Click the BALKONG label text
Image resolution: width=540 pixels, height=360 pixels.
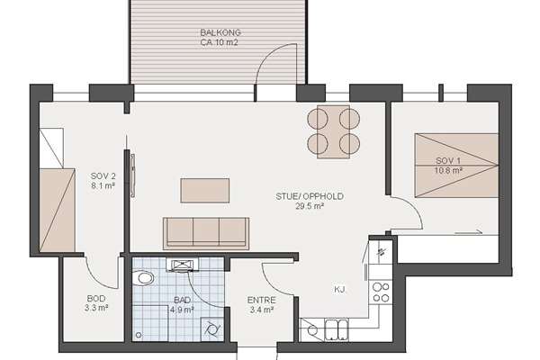(220, 32)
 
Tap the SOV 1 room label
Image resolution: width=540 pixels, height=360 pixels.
(447, 160)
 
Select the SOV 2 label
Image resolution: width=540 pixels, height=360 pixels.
(103, 176)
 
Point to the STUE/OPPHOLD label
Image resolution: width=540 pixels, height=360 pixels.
(310, 196)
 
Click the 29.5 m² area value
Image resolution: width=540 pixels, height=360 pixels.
(310, 206)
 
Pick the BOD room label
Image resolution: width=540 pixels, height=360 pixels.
(96, 298)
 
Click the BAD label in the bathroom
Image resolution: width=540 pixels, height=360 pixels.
(182, 300)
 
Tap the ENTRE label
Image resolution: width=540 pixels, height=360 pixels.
(261, 300)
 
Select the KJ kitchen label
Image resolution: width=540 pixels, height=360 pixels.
(339, 290)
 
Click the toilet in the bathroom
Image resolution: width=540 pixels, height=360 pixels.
(143, 278)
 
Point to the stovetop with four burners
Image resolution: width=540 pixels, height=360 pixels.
(381, 292)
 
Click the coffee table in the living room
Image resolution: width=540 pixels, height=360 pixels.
(205, 191)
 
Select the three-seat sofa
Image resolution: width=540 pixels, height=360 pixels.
(206, 233)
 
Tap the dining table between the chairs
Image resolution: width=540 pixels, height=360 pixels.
(333, 131)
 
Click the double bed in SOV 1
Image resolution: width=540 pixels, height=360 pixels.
(456, 166)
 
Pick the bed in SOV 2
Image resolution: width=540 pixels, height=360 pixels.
(58, 210)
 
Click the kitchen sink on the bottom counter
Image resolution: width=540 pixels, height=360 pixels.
(337, 329)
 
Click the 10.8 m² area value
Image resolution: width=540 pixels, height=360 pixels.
(447, 170)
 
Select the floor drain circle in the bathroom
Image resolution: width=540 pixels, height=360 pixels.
(139, 335)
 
